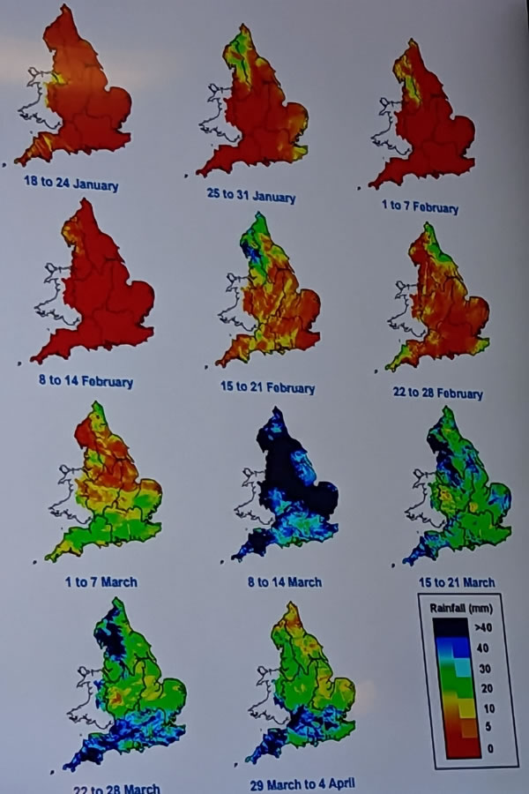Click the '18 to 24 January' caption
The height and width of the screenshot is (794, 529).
coord(72,185)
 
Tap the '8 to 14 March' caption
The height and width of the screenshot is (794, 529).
coord(285,582)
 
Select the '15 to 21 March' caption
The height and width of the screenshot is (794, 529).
coord(457,582)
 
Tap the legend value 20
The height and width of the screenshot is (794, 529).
coord(483,690)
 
